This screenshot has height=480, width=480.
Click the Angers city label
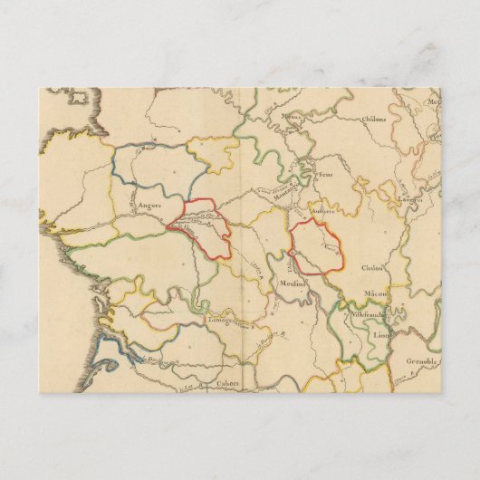point(149,206)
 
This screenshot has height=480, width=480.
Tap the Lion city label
point(379,333)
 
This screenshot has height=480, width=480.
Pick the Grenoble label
point(423,360)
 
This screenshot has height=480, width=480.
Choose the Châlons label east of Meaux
point(374,119)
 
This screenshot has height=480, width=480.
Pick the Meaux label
point(292,118)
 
